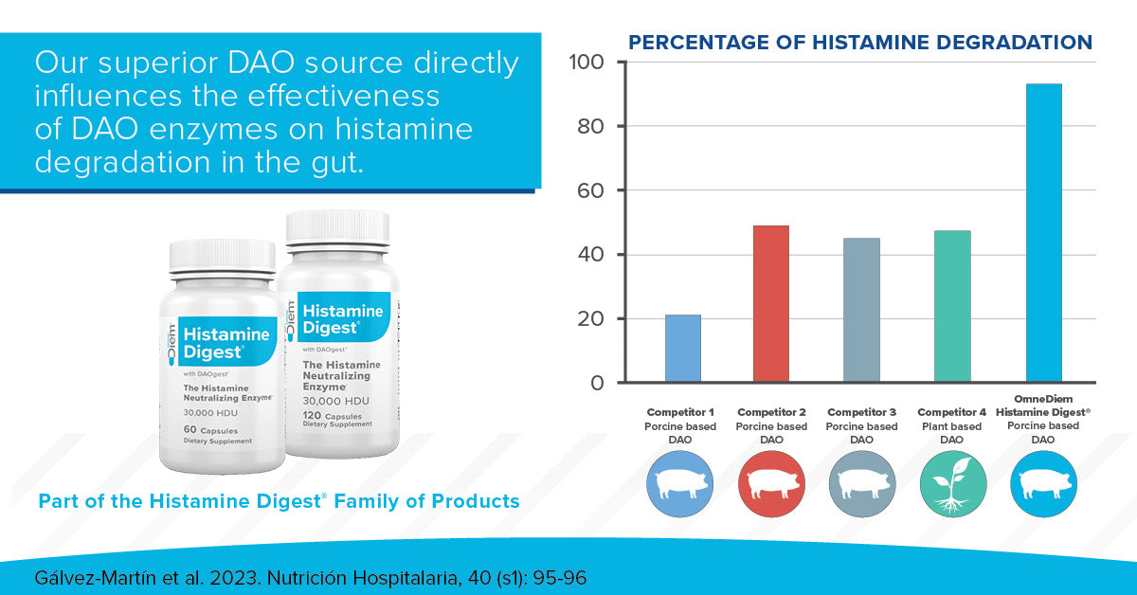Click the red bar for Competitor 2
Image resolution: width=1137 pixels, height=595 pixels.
[770, 304]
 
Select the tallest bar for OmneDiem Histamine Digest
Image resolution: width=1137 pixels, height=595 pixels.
[1043, 233]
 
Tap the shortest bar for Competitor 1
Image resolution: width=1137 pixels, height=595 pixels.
[682, 349]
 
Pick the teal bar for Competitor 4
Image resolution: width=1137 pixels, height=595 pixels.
[952, 307]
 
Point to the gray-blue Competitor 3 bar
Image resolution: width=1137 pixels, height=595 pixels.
[861, 311]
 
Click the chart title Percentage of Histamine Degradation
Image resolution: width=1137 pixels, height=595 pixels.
[860, 43]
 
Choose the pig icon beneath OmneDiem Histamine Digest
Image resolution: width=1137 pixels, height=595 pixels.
[1043, 484]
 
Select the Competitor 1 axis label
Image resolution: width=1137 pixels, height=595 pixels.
[680, 413]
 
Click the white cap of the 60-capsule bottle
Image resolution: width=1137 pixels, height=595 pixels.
[223, 255]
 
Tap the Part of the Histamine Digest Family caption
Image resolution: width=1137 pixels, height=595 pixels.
[279, 501]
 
